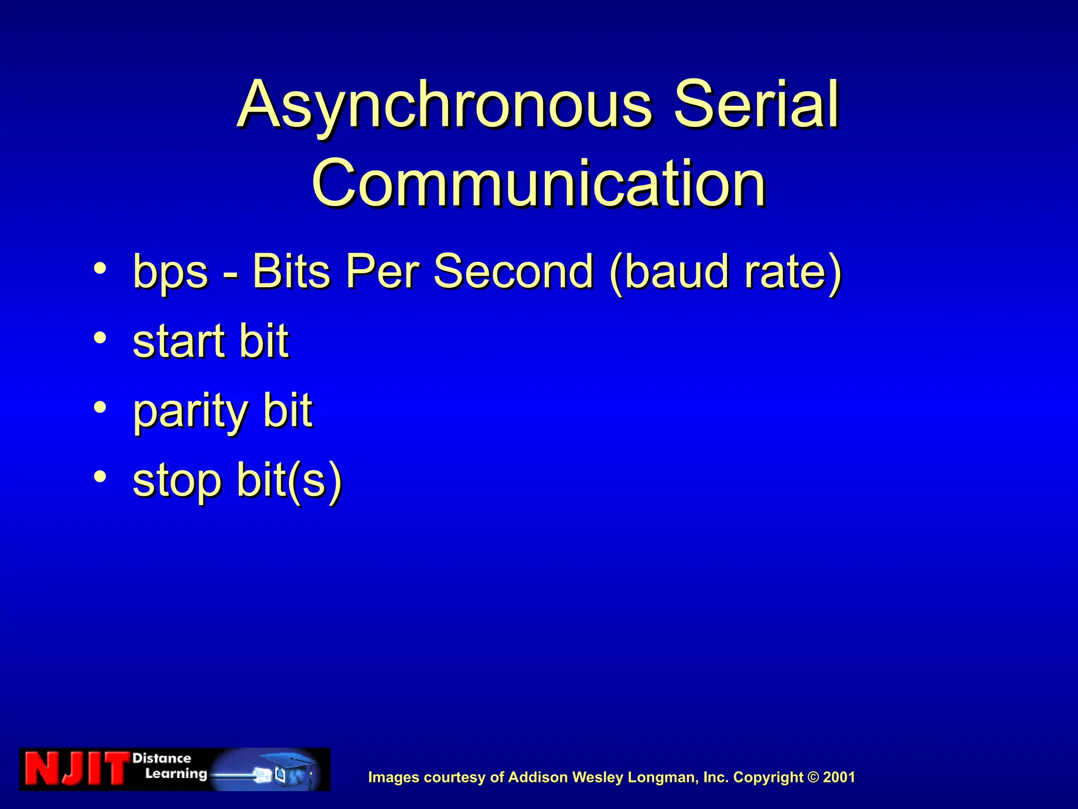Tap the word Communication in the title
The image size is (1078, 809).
538,183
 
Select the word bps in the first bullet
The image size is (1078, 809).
171,273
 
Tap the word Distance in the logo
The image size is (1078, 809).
162,758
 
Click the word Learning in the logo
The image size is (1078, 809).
176,774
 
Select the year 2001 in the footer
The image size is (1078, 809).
839,777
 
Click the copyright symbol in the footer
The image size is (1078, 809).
813,777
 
